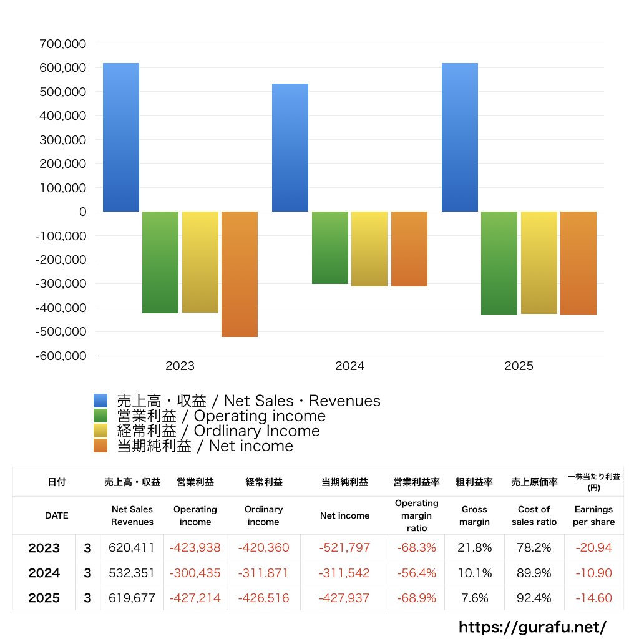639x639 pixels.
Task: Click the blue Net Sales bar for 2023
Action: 121,137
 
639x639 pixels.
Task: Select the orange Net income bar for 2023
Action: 240,274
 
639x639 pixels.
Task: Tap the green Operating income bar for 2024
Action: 330,248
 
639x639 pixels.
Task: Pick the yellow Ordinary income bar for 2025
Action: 539,263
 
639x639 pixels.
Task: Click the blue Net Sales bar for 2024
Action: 290,147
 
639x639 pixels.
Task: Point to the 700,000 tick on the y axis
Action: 62,44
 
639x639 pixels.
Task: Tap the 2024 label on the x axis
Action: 349,366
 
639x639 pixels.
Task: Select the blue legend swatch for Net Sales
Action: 100,401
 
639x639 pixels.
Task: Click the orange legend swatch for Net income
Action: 100,446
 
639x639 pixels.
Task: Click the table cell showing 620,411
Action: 132,548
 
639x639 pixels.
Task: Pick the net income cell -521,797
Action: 344,548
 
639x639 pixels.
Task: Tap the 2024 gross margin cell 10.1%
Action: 474,573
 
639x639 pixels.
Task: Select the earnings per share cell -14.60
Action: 593,598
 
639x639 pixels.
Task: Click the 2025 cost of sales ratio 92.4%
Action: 534,598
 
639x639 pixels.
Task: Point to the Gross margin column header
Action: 474,516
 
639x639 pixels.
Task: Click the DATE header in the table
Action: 56,516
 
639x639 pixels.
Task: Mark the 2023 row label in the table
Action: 44,548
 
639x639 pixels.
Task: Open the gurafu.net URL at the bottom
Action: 532,627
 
